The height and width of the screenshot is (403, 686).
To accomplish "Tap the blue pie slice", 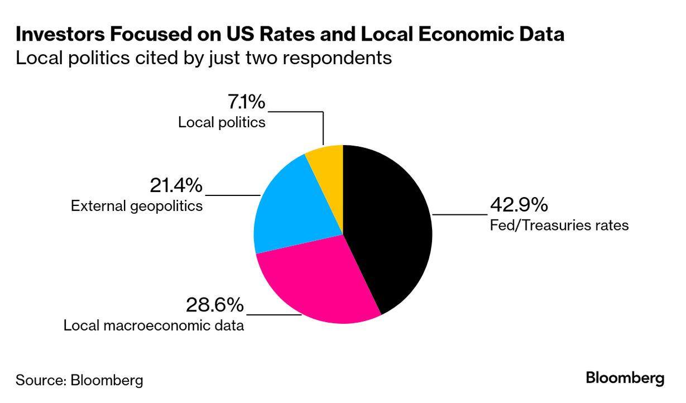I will (x=290, y=212).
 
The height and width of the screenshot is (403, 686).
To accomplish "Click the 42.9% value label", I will (x=519, y=205).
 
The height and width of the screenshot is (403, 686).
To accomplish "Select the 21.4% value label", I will (x=176, y=185).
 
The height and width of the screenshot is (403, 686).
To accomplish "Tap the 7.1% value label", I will (x=246, y=102).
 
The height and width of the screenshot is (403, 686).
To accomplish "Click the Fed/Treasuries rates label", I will (x=559, y=226).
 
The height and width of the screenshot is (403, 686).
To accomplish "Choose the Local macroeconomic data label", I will (x=153, y=325).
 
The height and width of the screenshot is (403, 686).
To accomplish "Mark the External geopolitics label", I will (x=136, y=206).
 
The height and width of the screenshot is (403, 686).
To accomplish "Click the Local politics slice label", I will (x=222, y=122).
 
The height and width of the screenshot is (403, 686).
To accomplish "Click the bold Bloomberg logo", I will (x=625, y=378).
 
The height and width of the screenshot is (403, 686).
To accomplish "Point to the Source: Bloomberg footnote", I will (x=79, y=381).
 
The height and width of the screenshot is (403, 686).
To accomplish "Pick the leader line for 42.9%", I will (x=459, y=214).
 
